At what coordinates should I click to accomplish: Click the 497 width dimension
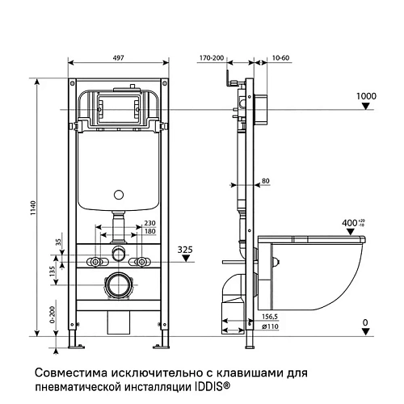117,59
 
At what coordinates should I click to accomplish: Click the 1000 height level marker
367,96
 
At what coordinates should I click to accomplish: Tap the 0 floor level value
365,322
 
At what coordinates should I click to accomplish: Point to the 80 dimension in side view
266,180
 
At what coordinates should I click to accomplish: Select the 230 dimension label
149,224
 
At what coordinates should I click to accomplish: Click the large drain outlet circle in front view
120,285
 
